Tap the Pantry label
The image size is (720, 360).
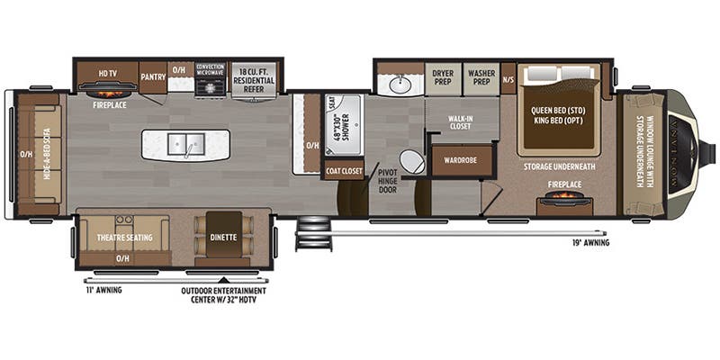tap(153, 76)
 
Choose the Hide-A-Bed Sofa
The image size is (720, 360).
tap(39, 153)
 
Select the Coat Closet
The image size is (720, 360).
tap(344, 170)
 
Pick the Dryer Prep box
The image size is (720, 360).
tap(442, 78)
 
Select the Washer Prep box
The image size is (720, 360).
tap(481, 78)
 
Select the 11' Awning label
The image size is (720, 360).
tap(103, 290)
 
